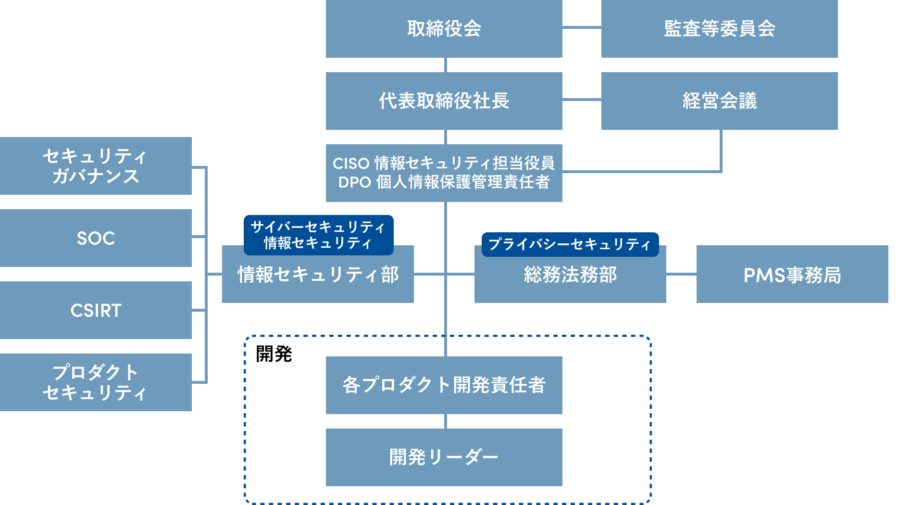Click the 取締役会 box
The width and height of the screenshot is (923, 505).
tap(444, 29)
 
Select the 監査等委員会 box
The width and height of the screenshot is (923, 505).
tap(720, 29)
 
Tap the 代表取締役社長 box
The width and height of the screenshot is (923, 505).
tap(444, 101)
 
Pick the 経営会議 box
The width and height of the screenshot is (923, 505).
tap(720, 101)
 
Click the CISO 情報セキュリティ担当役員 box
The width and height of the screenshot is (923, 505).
tap(444, 173)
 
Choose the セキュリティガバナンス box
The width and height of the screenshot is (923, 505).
tap(96, 166)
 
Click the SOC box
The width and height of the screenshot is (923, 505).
tap(96, 238)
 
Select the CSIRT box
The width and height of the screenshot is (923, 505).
tap(96, 310)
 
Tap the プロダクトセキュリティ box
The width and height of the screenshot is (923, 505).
tap(96, 382)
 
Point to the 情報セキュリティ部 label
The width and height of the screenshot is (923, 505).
tap(318, 275)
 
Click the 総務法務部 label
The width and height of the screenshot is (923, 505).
tap(570, 275)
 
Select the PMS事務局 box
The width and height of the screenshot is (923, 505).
tap(792, 274)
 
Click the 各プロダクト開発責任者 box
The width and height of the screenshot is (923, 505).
tap(444, 385)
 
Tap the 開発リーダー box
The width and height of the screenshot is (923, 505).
tap(444, 457)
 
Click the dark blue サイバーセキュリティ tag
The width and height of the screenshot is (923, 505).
tap(319, 235)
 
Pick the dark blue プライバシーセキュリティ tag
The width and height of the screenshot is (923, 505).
tap(570, 245)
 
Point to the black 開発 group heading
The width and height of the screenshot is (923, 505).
tap(274, 354)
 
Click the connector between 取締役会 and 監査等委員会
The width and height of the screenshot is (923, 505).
tap(582, 27)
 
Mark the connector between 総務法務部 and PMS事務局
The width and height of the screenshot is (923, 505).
tap(681, 274)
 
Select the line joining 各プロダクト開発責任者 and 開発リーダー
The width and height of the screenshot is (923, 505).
tap(446, 421)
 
